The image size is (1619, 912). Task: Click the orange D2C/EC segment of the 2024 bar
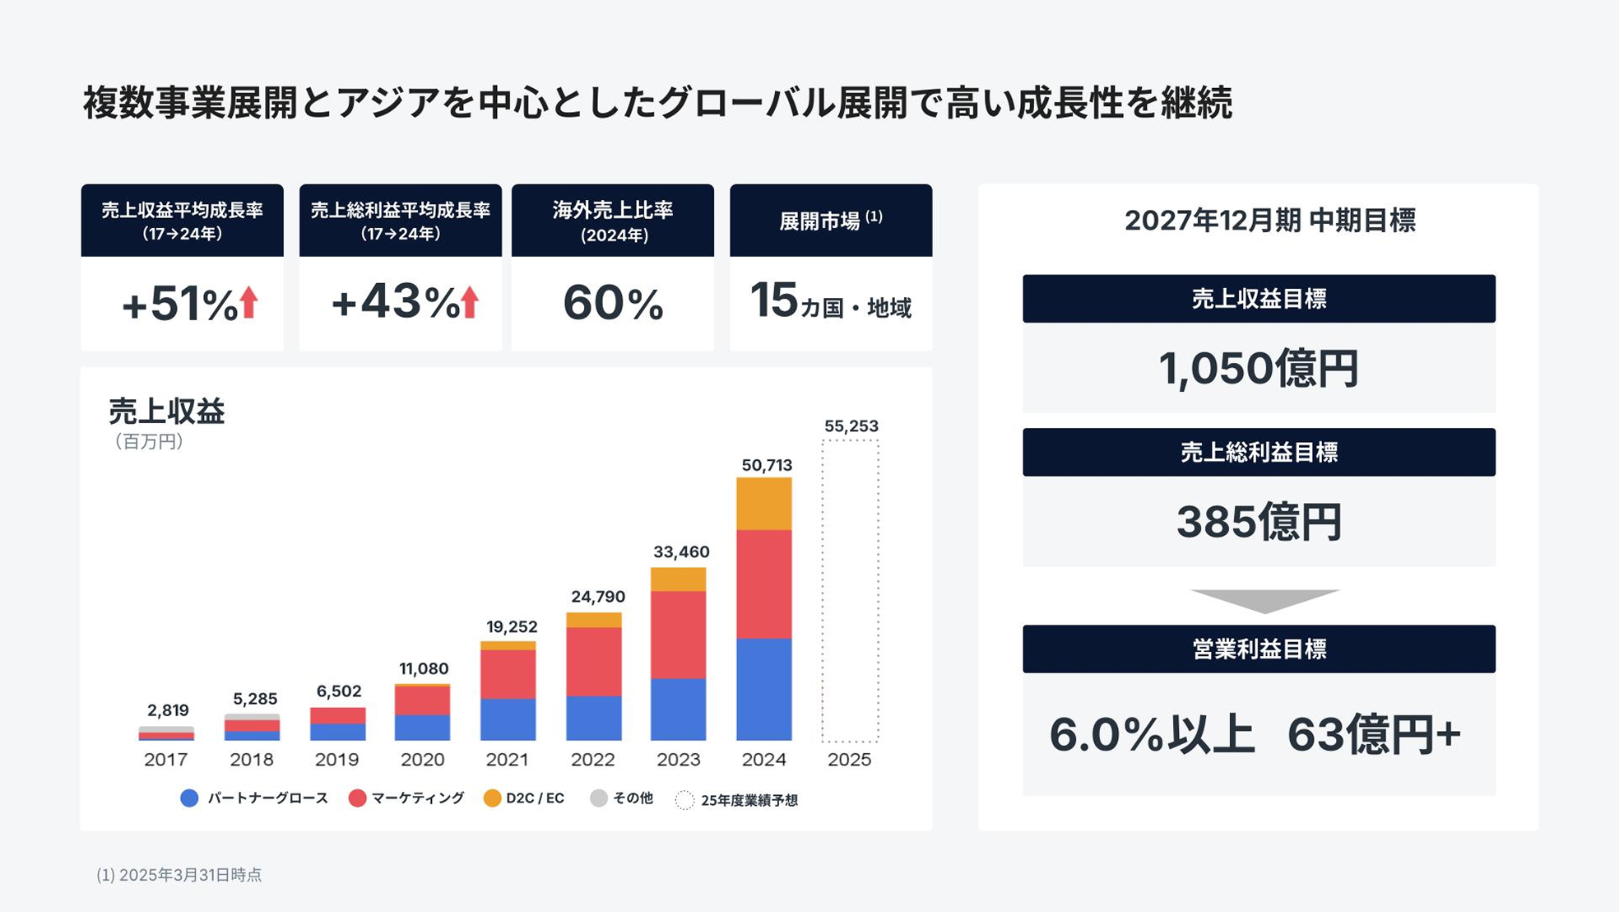pyautogui.click(x=763, y=503)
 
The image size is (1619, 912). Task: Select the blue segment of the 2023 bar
pyautogui.click(x=678, y=709)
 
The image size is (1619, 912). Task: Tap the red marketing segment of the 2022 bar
pyautogui.click(x=593, y=661)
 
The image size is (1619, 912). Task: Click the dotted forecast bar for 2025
pyautogui.click(x=850, y=590)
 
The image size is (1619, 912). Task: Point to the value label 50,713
pyautogui.click(x=767, y=465)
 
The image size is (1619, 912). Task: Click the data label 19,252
pyautogui.click(x=511, y=626)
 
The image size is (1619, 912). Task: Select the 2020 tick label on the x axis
pyautogui.click(x=422, y=759)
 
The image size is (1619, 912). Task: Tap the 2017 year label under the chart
pyautogui.click(x=165, y=759)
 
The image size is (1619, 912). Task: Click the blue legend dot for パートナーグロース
pyautogui.click(x=189, y=798)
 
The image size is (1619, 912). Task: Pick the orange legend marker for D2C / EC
pyautogui.click(x=492, y=798)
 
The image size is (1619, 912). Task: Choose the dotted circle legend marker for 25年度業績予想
pyautogui.click(x=684, y=800)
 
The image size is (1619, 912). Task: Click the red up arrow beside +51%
pyautogui.click(x=248, y=302)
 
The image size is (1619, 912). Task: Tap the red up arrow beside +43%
pyautogui.click(x=470, y=302)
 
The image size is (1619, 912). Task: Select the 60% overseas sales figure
pyautogui.click(x=613, y=303)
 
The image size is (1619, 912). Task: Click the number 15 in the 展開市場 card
pyautogui.click(x=773, y=300)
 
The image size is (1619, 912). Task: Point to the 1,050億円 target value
pyautogui.click(x=1258, y=368)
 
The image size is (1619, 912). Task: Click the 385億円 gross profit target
pyautogui.click(x=1258, y=522)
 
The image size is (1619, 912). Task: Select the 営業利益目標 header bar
pyautogui.click(x=1258, y=649)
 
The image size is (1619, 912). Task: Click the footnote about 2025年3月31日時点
pyautogui.click(x=179, y=875)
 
